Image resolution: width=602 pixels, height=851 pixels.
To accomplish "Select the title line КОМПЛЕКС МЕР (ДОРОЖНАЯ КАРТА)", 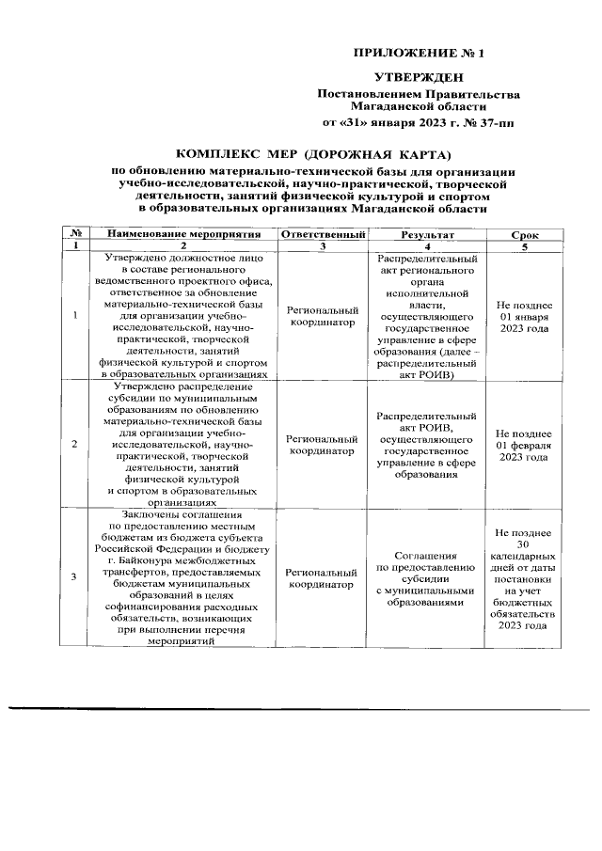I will click(314, 153).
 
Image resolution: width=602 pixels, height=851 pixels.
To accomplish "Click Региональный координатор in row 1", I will click(323, 317).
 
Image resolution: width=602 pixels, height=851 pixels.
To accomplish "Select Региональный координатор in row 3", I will click(323, 579).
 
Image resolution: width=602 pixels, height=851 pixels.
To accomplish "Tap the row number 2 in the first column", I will click(74, 444).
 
